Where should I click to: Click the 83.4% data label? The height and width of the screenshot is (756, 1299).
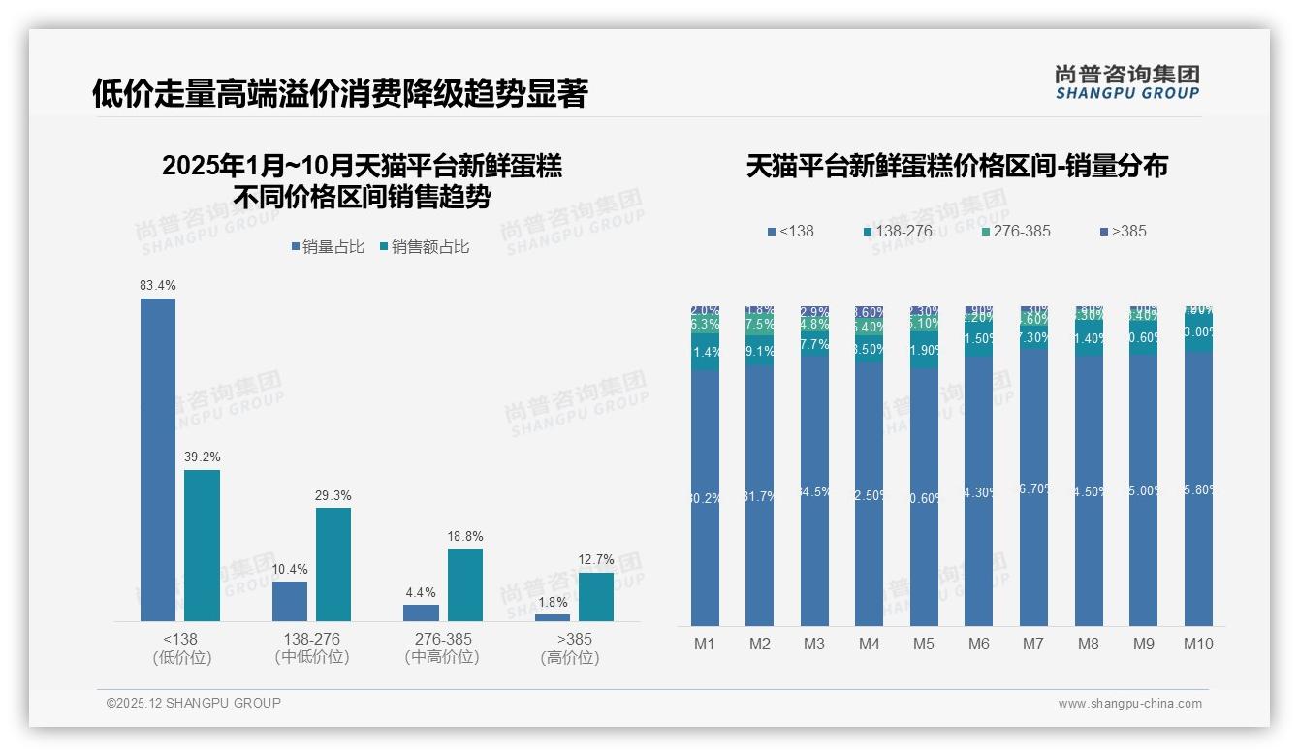158,286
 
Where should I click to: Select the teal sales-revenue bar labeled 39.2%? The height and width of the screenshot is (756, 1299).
202,546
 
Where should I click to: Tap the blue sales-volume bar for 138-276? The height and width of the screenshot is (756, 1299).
289,601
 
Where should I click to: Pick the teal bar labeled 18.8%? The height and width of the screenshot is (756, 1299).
464,584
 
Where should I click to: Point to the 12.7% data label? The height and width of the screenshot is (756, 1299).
596,559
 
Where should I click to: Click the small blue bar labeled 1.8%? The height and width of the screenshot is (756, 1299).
553,617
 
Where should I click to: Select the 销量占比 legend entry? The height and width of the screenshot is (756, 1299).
328,247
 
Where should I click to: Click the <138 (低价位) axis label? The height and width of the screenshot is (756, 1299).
181,648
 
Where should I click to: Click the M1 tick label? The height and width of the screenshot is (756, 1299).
704,644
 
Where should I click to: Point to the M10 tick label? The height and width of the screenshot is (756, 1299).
1198,644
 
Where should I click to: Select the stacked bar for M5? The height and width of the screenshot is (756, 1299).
924,465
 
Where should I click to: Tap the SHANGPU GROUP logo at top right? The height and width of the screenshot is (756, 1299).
1126,81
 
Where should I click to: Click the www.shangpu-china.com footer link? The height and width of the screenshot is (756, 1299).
1129,704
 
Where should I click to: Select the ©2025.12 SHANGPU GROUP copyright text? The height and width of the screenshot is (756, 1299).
193,703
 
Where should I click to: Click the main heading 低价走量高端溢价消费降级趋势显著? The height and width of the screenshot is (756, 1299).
339,93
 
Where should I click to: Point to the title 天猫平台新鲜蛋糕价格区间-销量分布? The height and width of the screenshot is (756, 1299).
957,167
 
